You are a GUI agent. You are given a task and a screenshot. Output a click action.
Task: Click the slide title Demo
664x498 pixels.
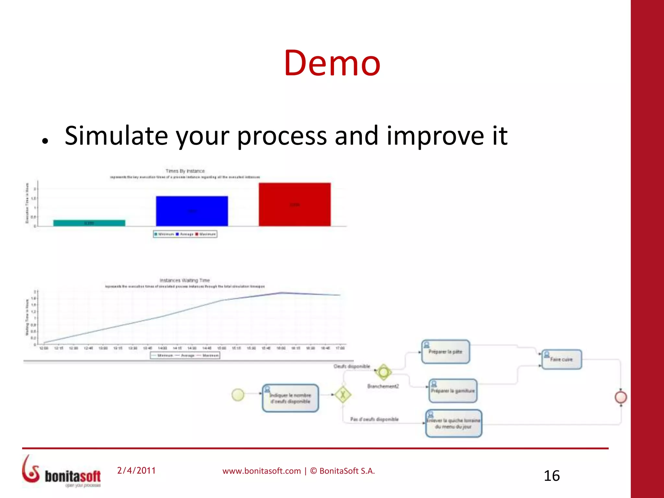332,63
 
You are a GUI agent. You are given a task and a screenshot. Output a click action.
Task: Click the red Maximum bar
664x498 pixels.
294,204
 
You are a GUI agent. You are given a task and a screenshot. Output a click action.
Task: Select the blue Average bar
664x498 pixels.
192,211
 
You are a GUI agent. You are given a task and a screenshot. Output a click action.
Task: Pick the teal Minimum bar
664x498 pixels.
89,223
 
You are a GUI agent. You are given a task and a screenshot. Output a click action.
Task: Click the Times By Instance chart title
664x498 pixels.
185,171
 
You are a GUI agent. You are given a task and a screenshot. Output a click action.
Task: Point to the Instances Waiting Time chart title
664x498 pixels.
184,280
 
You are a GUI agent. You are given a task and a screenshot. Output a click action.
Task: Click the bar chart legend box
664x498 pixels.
185,234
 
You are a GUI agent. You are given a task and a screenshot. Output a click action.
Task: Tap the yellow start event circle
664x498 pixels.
238,395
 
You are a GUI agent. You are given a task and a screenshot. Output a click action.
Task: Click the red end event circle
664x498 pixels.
621,397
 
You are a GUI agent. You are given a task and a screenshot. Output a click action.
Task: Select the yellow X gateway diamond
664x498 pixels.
343,395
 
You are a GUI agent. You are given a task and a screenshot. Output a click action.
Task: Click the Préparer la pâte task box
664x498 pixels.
445,352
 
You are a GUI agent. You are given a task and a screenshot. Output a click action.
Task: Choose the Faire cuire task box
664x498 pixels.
562,359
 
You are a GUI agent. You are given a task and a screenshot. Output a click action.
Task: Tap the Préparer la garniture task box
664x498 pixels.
453,391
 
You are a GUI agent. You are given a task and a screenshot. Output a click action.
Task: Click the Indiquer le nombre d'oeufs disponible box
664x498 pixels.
290,398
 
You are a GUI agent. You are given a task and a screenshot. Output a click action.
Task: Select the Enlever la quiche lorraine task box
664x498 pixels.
453,423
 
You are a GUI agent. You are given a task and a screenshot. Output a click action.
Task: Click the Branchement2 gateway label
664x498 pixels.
383,386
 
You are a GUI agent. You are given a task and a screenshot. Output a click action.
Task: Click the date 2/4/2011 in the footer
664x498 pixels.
136,470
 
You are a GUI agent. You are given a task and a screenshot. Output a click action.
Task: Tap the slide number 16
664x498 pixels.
551,476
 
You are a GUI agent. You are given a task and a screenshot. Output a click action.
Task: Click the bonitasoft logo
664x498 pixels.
62,472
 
